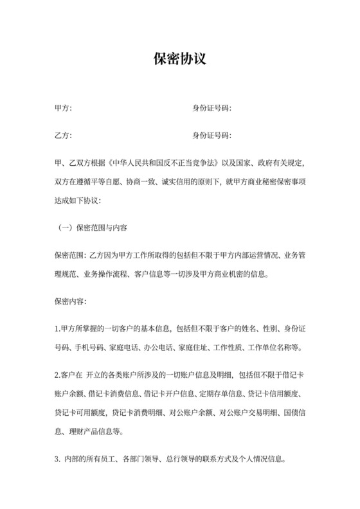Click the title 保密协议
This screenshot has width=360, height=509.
180,60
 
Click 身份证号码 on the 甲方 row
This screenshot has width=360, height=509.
212,108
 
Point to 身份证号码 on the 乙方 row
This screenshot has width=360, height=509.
212,136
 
